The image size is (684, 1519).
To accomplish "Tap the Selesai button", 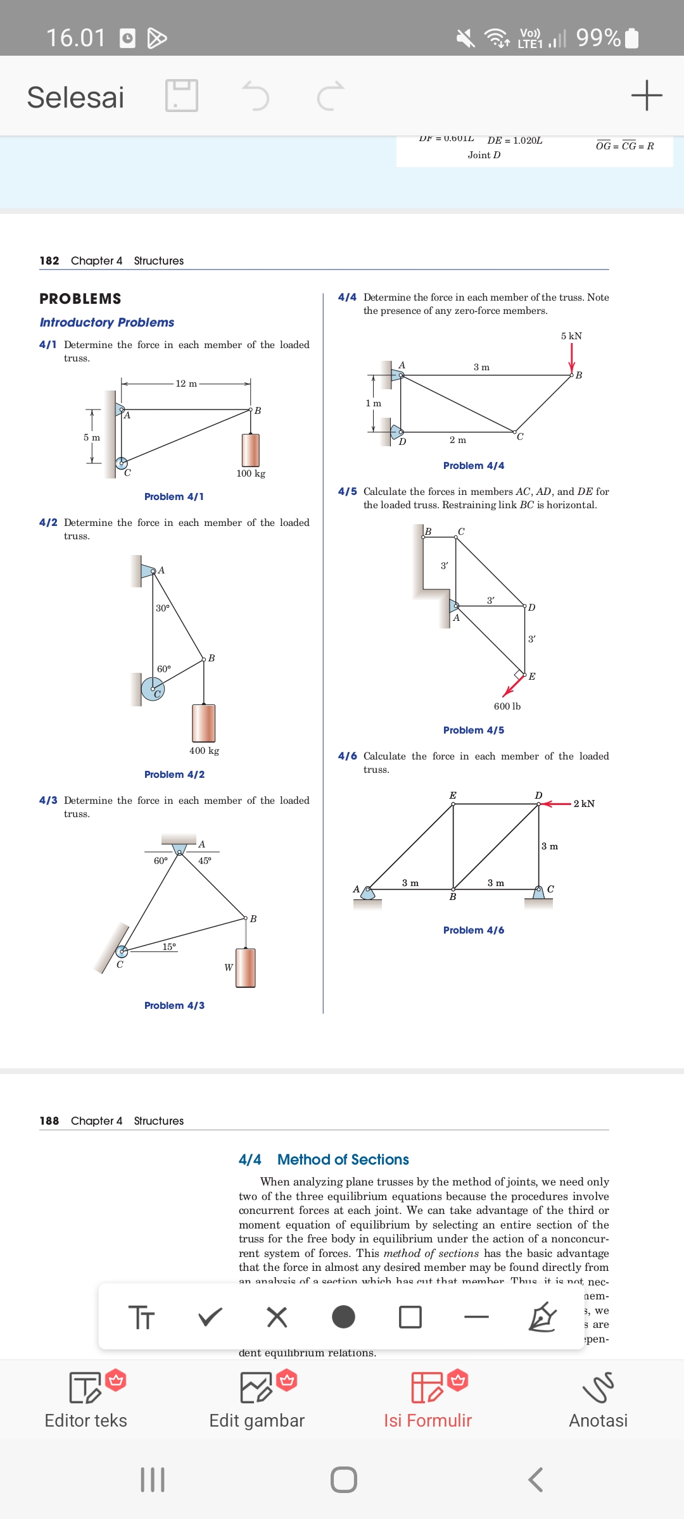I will [75, 97].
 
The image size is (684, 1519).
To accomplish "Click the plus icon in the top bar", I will [647, 96].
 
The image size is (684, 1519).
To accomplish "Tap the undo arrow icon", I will [256, 96].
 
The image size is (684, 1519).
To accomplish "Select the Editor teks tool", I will [86, 1399].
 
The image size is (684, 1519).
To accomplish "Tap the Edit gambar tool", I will [257, 1399].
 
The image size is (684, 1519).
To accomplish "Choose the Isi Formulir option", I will [427, 1399].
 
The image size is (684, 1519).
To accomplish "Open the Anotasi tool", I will [598, 1399].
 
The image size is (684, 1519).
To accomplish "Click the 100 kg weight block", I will [251, 450].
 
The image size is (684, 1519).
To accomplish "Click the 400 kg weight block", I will [204, 723].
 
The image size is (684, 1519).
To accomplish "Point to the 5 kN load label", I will [571, 336].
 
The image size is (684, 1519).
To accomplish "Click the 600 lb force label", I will [507, 706].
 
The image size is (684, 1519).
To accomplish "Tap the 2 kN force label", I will [584, 804].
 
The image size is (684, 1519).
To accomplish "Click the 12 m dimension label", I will [186, 384].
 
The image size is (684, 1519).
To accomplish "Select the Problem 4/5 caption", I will [474, 730].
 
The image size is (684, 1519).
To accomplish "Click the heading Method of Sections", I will [343, 1160].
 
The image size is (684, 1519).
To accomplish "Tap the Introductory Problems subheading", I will [107, 323].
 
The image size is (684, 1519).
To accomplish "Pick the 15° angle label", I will [169, 947].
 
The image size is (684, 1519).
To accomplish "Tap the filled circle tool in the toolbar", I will [343, 1317].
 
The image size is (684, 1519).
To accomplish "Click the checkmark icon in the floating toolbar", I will [210, 1317].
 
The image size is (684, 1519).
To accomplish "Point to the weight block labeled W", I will [246, 968].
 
